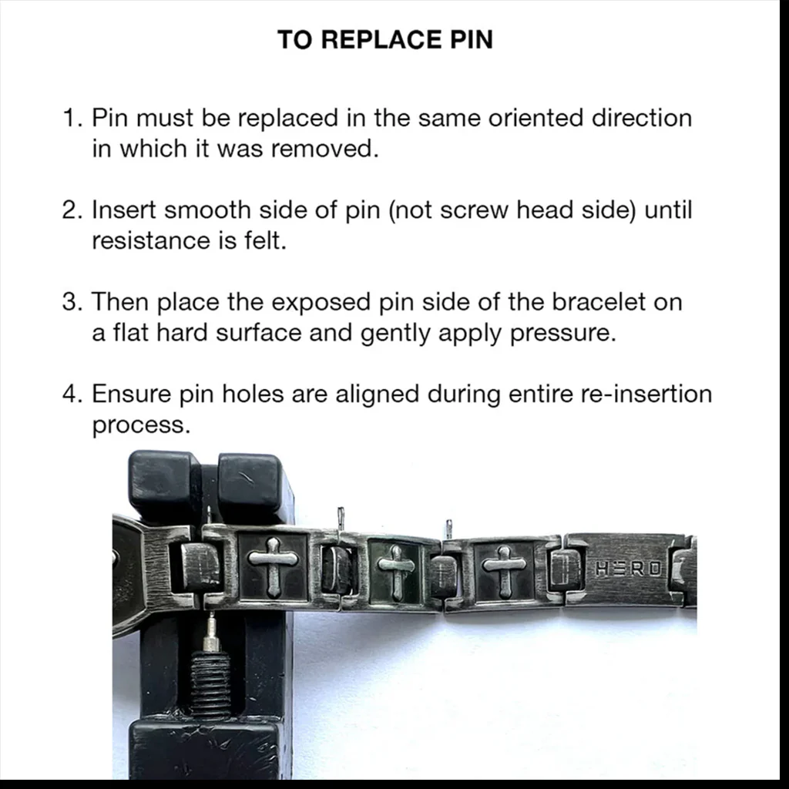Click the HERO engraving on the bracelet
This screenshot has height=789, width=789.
pos(628,569)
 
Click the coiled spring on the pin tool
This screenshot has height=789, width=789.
pos(210,682)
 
